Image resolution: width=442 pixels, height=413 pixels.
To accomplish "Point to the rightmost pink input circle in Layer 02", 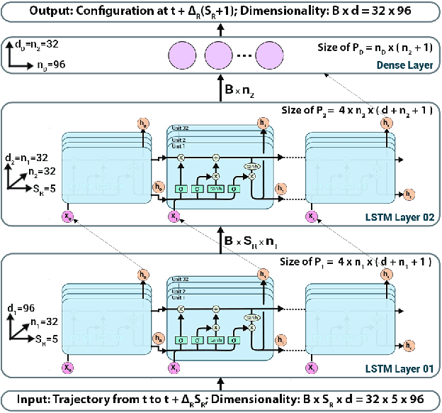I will click(x=310, y=217).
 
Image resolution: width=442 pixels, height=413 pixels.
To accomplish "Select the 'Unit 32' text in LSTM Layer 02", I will click(x=181, y=129).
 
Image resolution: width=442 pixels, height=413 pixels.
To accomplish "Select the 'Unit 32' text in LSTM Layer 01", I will click(x=181, y=280).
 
